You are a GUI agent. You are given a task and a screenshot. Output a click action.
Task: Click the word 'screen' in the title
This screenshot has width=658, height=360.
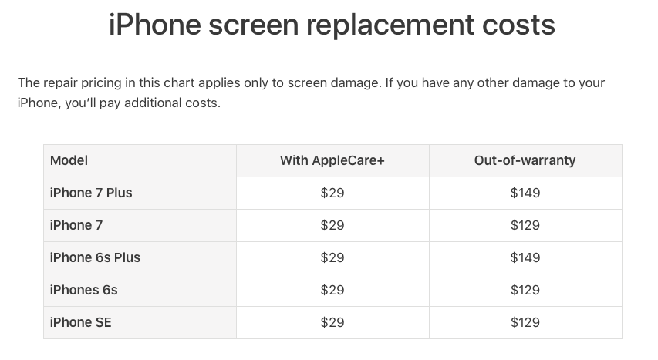tap(254, 25)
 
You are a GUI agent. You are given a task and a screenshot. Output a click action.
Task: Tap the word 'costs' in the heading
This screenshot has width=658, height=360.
tap(518, 25)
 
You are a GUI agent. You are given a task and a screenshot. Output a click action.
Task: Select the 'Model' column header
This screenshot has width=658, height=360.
tap(69, 160)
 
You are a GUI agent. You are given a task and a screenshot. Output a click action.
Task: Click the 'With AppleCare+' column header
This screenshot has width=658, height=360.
tap(332, 160)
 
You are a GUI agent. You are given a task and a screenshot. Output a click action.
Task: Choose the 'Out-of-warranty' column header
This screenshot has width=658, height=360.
tap(525, 160)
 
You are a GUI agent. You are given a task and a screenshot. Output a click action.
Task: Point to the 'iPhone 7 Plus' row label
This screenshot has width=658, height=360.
tap(91, 193)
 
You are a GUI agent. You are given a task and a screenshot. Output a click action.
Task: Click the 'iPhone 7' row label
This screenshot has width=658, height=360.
tap(76, 225)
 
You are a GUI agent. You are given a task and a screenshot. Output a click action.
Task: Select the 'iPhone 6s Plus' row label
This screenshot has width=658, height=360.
tap(95, 257)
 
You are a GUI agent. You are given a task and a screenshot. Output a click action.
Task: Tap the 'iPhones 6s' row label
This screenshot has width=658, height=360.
tap(84, 290)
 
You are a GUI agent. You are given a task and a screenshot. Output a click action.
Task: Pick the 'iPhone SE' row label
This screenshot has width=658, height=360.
tap(81, 322)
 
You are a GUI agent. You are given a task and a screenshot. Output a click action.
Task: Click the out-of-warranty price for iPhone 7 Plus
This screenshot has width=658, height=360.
tap(525, 193)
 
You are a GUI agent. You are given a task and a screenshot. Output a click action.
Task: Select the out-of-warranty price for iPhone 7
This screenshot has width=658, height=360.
tap(525, 225)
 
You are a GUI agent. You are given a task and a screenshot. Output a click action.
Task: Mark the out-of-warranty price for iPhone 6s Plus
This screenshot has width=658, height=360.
tap(525, 257)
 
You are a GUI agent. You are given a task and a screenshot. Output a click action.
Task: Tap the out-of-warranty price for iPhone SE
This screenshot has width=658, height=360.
tap(525, 322)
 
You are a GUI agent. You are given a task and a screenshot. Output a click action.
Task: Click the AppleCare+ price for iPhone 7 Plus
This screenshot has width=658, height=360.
tap(332, 193)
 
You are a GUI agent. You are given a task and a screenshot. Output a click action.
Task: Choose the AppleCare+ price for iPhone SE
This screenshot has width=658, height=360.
tap(332, 322)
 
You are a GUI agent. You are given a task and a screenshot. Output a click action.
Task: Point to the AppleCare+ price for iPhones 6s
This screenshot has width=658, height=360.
tap(332, 290)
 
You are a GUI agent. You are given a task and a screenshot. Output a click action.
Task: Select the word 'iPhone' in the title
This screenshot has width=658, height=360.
tap(155, 25)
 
